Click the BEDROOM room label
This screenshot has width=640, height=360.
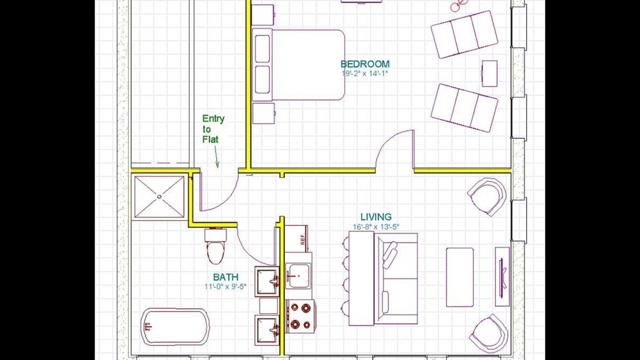[x=365, y=63]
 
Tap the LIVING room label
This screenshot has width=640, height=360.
[x=375, y=217]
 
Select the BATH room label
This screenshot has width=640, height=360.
[x=225, y=277]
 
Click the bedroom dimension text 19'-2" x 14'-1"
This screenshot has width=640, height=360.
[x=365, y=73]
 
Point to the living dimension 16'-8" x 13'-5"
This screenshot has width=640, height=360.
[x=376, y=227]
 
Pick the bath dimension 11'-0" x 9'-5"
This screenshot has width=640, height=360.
[x=225, y=286]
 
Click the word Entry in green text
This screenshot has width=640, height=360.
[x=213, y=118]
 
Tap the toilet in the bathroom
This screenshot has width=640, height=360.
[x=215, y=245]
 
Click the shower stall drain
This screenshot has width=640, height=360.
[x=159, y=196]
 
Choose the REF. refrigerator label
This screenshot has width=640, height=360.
[x=303, y=239]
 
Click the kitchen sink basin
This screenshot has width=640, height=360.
[x=299, y=276]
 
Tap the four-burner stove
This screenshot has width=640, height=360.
[x=300, y=316]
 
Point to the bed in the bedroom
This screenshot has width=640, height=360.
[x=298, y=65]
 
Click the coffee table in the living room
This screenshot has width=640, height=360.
[x=459, y=277]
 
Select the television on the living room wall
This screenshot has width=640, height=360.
[x=501, y=277]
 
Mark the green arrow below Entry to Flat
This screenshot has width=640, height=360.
[x=216, y=157]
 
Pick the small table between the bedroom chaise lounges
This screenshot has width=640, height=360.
[x=489, y=73]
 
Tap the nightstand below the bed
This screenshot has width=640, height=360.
[x=263, y=113]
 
